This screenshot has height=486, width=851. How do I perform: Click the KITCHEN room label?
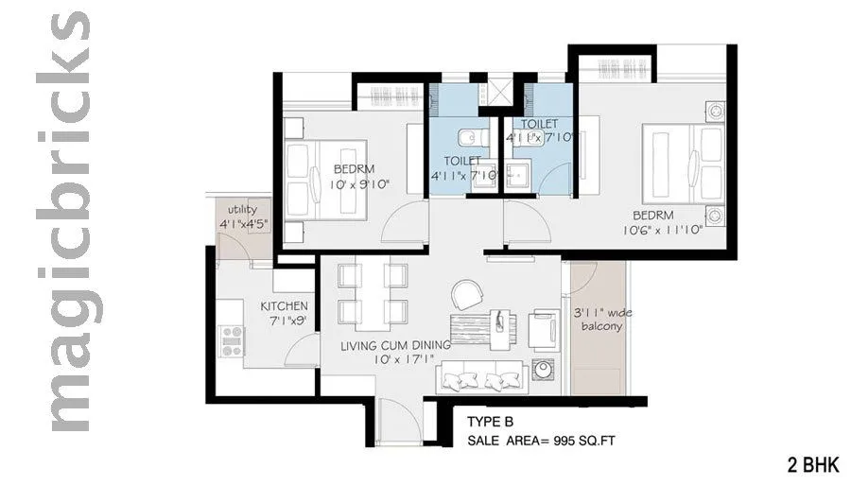point(285,306)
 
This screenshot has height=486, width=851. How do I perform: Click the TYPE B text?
point(491,423)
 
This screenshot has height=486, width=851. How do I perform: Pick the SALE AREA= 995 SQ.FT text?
point(543,441)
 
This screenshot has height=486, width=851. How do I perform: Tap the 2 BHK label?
point(811,465)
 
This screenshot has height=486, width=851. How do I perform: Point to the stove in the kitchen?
point(230,340)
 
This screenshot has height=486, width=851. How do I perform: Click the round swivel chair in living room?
point(466,293)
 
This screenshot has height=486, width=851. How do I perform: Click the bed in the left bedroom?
point(321,180)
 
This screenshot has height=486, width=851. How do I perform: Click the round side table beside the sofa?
point(546,370)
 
